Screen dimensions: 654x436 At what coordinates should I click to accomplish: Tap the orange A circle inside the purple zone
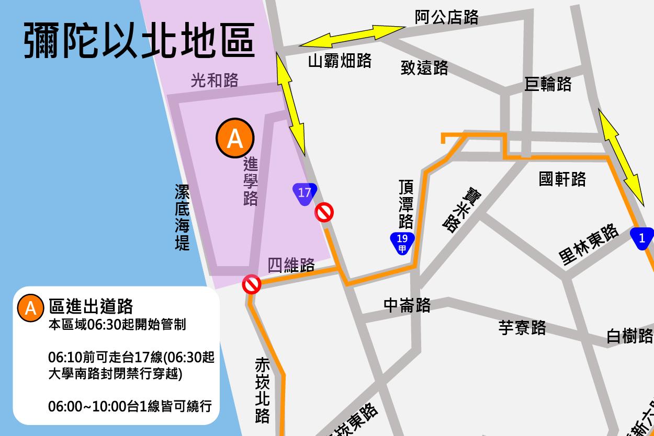click(x=235, y=139)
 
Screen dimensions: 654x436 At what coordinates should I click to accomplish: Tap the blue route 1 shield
click(x=642, y=238)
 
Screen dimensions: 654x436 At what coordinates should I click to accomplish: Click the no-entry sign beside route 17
click(x=324, y=213)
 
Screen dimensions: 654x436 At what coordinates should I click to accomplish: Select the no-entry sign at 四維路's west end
click(x=252, y=284)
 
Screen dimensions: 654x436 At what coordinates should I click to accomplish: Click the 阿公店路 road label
click(x=446, y=17)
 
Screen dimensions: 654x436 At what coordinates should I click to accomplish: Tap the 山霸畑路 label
click(x=340, y=61)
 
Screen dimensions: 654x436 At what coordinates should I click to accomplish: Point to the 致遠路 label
click(x=424, y=67)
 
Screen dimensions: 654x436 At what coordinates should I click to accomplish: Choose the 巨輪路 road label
click(x=548, y=84)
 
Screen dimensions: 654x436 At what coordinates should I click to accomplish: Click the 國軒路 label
click(x=562, y=179)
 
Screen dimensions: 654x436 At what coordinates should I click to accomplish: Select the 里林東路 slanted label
click(x=589, y=245)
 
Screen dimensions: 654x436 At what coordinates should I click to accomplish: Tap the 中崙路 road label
click(x=407, y=305)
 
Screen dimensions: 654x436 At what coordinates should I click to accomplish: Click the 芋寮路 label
click(x=522, y=328)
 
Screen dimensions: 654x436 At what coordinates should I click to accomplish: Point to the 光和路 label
click(x=215, y=80)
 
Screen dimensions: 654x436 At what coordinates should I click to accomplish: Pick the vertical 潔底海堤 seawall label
click(x=182, y=217)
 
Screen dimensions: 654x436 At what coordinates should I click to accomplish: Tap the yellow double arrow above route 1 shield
click(x=621, y=157)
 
